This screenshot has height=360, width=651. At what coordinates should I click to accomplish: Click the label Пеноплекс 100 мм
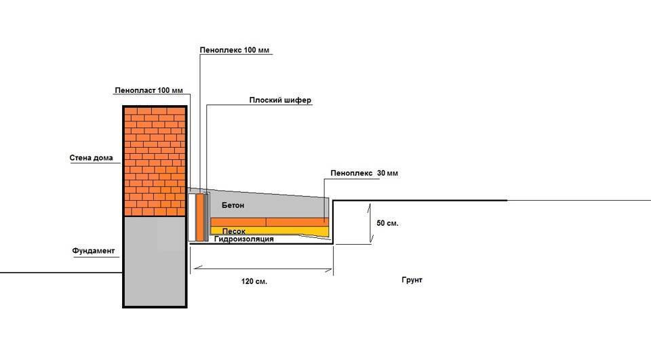pos(235,50)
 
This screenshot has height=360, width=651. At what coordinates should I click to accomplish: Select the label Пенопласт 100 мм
pos(149,90)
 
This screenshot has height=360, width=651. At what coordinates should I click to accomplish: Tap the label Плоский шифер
pos(280,100)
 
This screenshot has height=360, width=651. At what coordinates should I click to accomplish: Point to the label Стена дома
pos(91,158)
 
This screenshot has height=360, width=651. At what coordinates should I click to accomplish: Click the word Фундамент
pos(94,251)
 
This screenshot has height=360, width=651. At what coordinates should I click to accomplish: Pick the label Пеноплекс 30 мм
pos(364,173)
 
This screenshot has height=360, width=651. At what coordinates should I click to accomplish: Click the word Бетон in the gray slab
pos(233,205)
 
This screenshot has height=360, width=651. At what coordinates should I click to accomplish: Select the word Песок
pos(234,231)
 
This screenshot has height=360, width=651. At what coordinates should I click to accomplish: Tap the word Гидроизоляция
pos(243,239)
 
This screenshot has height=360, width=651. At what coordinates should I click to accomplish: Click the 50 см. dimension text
pos(387,223)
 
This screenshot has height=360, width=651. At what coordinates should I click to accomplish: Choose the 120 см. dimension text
pos(254,281)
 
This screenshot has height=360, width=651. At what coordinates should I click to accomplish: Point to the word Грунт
pos(412,280)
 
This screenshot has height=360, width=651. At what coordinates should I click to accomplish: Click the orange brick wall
pos(155,161)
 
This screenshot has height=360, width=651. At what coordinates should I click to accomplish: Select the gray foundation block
pos(155,262)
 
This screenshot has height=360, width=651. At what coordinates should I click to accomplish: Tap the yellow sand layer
pos(270,231)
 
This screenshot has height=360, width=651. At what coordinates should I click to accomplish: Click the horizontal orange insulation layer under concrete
pos(270,222)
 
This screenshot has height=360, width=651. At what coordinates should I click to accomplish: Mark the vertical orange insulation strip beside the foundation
pos(200,217)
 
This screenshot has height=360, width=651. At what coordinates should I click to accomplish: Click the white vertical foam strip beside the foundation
pos(192,217)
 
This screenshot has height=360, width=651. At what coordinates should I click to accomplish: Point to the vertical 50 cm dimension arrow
pos(370,223)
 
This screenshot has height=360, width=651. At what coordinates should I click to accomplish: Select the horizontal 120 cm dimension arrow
pos(263,269)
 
